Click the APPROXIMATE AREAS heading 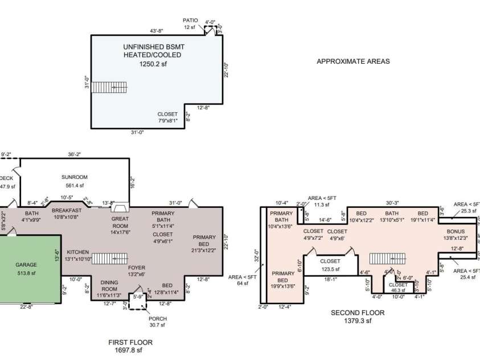[353, 62]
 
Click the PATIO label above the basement [191, 19]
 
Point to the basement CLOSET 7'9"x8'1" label [167, 117]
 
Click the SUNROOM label [73, 177]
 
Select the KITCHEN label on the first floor [77, 251]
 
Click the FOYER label [136, 267]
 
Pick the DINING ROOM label [109, 285]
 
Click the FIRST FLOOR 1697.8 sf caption [130, 346]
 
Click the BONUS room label [456, 231]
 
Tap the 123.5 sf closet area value [330, 269]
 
